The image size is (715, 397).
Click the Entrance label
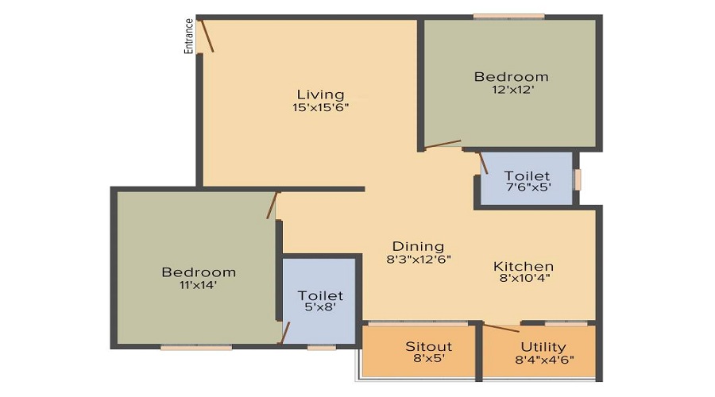click(188, 36)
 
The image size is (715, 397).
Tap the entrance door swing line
click(207, 36)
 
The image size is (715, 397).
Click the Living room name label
click(321, 94)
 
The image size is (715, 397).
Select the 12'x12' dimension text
click(512, 90)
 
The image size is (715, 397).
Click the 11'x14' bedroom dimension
click(198, 285)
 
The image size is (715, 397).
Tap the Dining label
click(418, 247)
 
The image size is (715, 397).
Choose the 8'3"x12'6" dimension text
click(418, 260)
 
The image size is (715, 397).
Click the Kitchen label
click(524, 266)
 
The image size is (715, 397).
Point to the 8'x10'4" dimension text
click(524, 278)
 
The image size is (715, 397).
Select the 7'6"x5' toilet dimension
click(528, 187)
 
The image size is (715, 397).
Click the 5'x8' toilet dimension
click(320, 306)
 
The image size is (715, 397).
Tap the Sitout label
click(429, 346)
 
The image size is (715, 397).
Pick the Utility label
click(543, 347)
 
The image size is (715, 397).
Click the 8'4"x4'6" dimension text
click(544, 360)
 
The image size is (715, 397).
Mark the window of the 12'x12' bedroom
click(509, 17)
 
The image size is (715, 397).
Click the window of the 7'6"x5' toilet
click(578, 179)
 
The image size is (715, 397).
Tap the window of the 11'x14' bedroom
click(196, 347)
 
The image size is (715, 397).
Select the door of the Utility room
click(501, 328)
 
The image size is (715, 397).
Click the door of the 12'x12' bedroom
click(443, 144)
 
